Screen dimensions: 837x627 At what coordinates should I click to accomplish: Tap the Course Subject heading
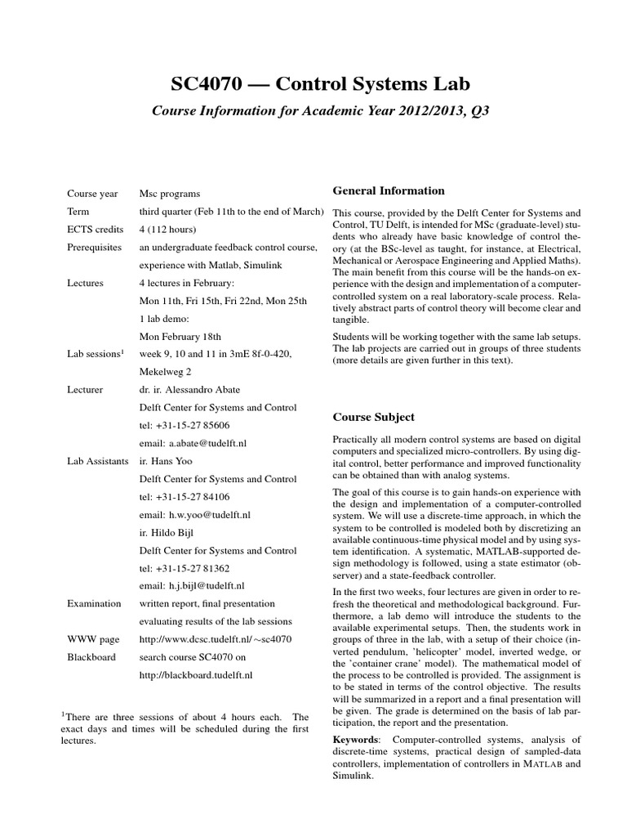[x=373, y=417]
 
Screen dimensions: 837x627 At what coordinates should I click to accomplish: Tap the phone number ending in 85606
[x=192, y=426]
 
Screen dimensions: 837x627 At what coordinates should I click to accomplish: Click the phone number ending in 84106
[x=192, y=497]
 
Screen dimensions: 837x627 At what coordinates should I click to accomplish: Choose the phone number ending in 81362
[x=192, y=568]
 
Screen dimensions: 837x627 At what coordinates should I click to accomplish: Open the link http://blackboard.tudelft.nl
[x=196, y=675]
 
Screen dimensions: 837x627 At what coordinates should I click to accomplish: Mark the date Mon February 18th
[x=180, y=336]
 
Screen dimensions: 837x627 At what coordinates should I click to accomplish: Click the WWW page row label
[x=91, y=639]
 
